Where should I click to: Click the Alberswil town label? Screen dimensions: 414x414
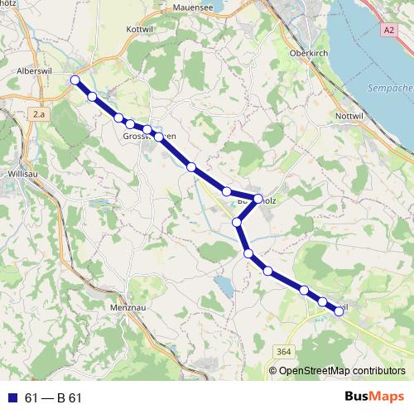(35, 72)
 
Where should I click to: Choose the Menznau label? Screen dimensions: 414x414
(128, 306)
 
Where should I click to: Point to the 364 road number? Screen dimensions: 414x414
(285, 352)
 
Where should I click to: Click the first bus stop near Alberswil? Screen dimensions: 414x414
(75, 79)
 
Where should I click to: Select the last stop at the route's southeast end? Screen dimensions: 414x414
(339, 311)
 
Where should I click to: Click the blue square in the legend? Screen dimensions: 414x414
(12, 397)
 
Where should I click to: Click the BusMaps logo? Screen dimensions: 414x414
(373, 397)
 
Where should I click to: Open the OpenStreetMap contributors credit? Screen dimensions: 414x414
(341, 370)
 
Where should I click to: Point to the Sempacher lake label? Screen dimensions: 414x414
(389, 87)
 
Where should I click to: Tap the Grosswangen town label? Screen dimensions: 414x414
(149, 136)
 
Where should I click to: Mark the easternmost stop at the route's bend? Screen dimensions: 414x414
(258, 199)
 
